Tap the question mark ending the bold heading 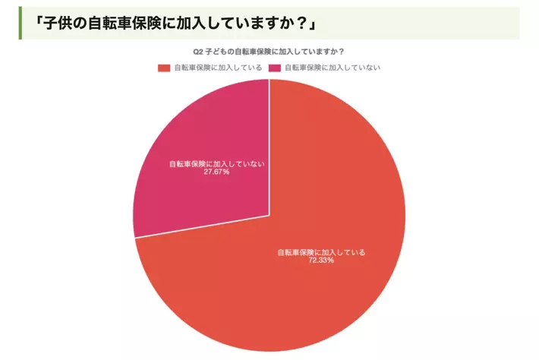pyautogui.click(x=302, y=24)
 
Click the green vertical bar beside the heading pyautogui.click(x=20, y=23)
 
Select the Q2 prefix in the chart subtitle pyautogui.click(x=197, y=52)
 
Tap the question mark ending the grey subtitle pyautogui.click(x=341, y=52)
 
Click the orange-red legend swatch pyautogui.click(x=164, y=68)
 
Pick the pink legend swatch pyautogui.click(x=275, y=68)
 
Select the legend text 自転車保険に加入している pyautogui.click(x=218, y=68)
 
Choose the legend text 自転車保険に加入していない pyautogui.click(x=333, y=68)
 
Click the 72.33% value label pyautogui.click(x=321, y=261)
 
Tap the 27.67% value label pyautogui.click(x=216, y=172)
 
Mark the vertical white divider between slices pyautogui.click(x=269, y=147)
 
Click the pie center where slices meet pyautogui.click(x=269, y=216)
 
